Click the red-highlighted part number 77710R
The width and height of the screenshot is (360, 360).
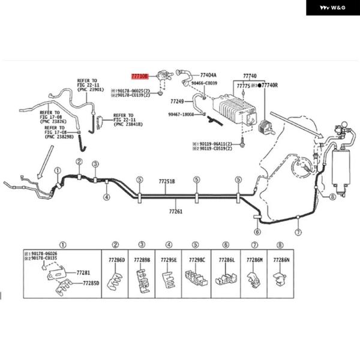click(x=140, y=77)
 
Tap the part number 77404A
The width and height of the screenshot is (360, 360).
click(x=208, y=76)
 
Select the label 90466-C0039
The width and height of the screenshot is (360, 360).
click(x=205, y=83)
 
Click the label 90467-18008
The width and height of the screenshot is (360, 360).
click(x=181, y=114)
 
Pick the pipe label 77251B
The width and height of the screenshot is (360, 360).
click(x=167, y=181)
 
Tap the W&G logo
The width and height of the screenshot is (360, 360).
click(x=333, y=8)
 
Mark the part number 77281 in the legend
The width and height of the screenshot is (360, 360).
click(x=83, y=272)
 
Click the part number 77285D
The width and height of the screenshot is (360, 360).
click(x=91, y=283)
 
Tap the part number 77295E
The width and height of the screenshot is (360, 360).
click(x=169, y=260)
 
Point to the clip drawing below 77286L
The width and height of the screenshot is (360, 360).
click(x=226, y=279)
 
